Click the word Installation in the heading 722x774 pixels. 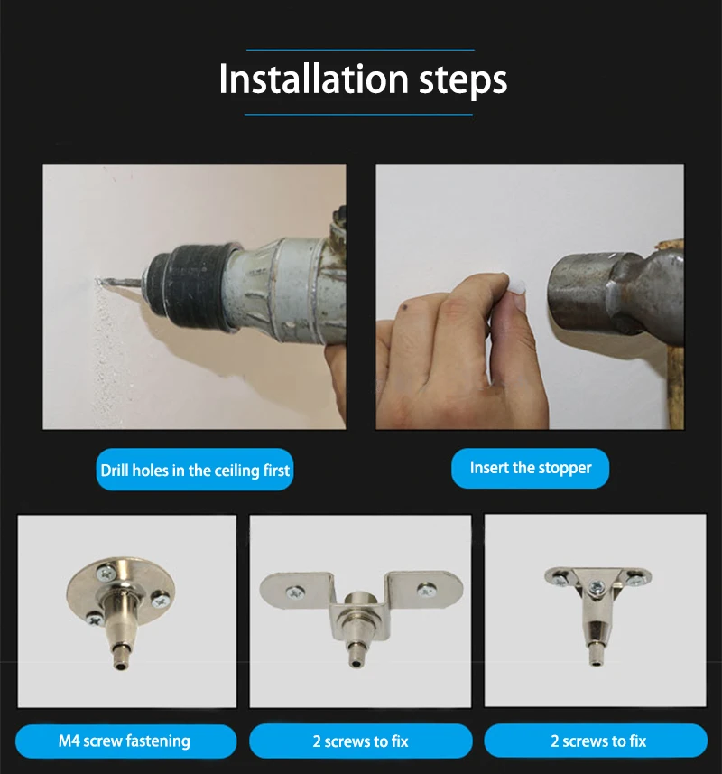(314, 79)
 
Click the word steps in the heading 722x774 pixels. (463, 81)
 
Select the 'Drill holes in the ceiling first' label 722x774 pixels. (195, 470)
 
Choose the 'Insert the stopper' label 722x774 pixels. (530, 468)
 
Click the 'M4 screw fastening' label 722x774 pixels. (125, 741)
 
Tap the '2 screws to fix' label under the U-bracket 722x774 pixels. (360, 741)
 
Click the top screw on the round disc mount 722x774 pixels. (106, 573)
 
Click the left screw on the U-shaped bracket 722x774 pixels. (294, 592)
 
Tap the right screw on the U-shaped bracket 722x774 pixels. (425, 590)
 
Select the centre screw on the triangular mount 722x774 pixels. (598, 587)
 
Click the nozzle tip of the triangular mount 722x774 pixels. (597, 662)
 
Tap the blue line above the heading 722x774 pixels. (360, 50)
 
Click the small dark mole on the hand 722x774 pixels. (404, 309)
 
